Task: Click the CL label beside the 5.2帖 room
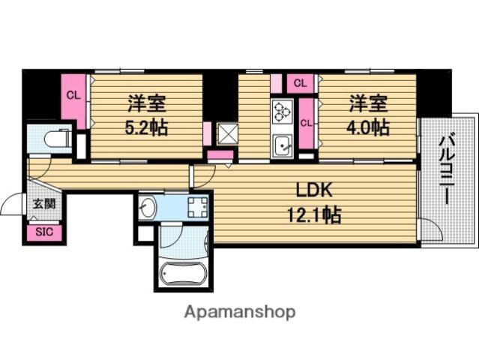[x=73, y=95]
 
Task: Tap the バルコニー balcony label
[x=447, y=171]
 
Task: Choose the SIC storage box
[x=44, y=232]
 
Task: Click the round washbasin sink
[x=148, y=208]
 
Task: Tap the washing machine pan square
[x=197, y=207]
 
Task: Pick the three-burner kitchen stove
[x=282, y=112]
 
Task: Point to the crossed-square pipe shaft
[x=226, y=134]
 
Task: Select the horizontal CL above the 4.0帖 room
[x=299, y=82]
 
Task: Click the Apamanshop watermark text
[x=239, y=311]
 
